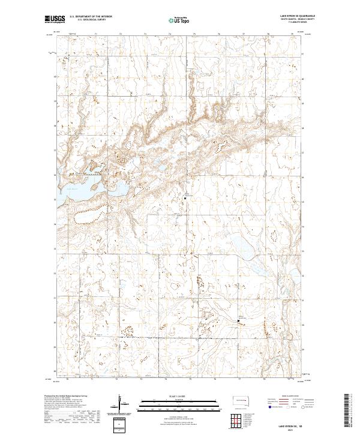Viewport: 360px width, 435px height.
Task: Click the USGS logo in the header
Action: tap(55, 20)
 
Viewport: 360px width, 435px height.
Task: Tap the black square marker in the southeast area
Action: tap(239, 322)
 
